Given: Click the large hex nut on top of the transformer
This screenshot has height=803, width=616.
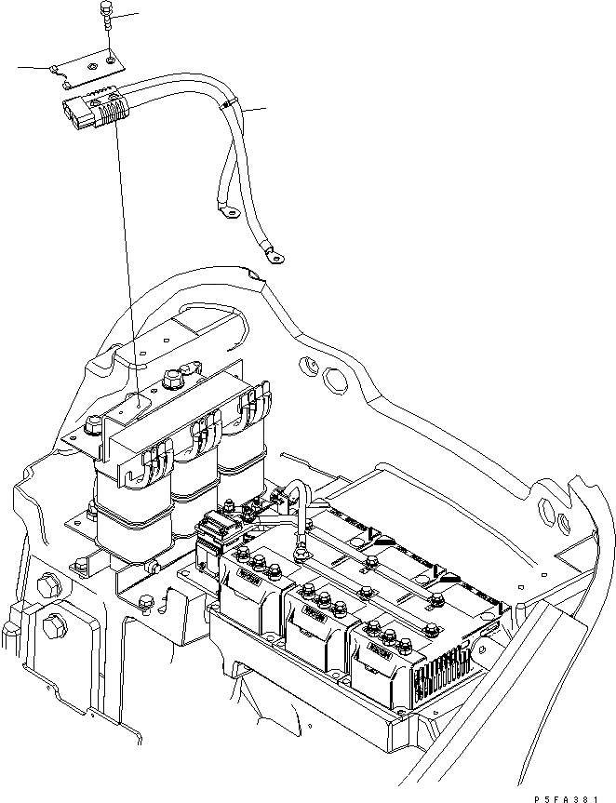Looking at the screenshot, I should click(171, 380).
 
